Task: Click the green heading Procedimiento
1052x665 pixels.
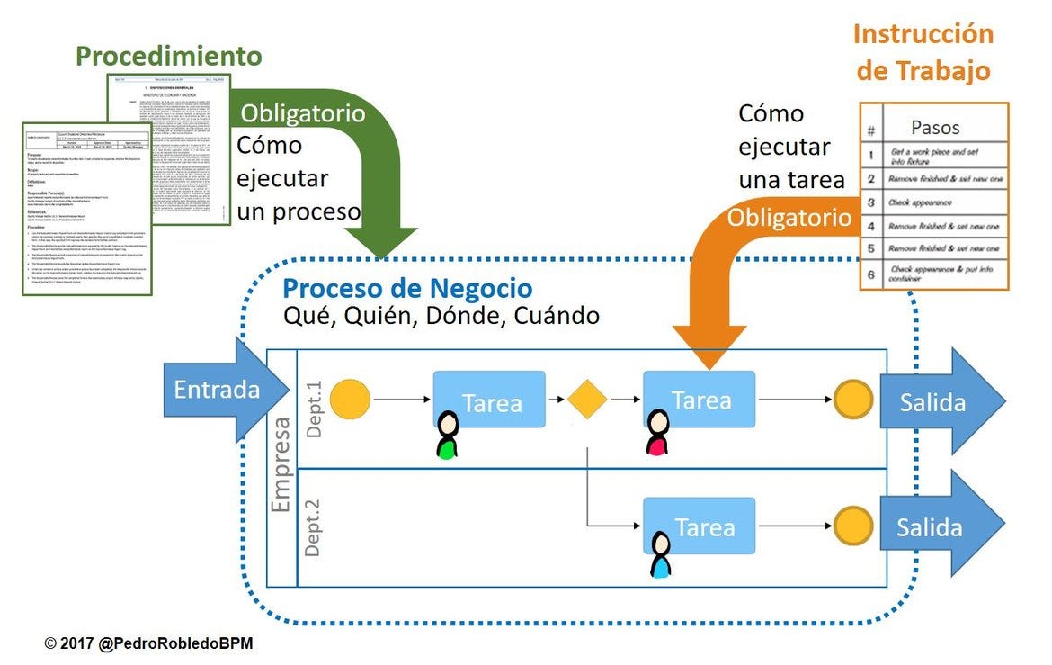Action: click(168, 56)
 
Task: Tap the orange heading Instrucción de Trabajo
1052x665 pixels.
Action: click(923, 52)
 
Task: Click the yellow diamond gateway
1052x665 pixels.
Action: click(588, 400)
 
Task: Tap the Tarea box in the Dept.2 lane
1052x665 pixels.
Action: click(700, 526)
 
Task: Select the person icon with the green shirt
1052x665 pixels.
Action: click(446, 436)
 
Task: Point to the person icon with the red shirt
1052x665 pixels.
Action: click(657, 433)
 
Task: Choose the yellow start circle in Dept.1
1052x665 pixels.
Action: click(350, 399)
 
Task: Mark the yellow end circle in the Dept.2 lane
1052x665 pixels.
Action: click(852, 526)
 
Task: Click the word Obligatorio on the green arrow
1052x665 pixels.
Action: click(302, 113)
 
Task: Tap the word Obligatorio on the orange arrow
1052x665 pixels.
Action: click(789, 217)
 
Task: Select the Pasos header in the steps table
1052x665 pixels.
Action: click(935, 128)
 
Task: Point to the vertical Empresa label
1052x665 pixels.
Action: click(281, 464)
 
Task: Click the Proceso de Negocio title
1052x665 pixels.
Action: click(407, 289)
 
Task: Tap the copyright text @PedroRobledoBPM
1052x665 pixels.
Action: click(149, 644)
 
